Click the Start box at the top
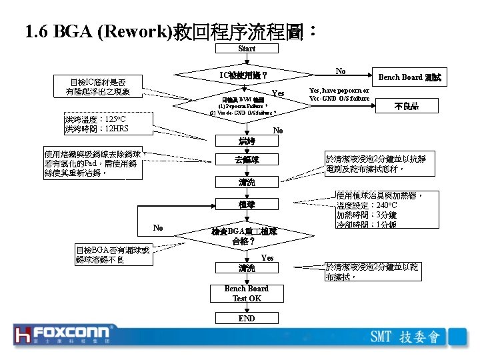tap(247, 49)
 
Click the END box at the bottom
tap(247, 319)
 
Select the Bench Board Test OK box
tap(247, 293)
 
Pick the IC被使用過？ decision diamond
tap(244, 75)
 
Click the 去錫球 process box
tap(247, 160)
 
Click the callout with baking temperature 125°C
tap(97, 123)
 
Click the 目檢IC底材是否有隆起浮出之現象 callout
tap(99, 87)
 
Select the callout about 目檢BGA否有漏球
tap(113, 254)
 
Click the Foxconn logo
tap(65, 335)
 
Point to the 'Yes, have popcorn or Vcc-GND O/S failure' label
tap(339, 94)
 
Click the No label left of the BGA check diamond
tap(158, 228)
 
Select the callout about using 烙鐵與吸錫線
tap(93, 163)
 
